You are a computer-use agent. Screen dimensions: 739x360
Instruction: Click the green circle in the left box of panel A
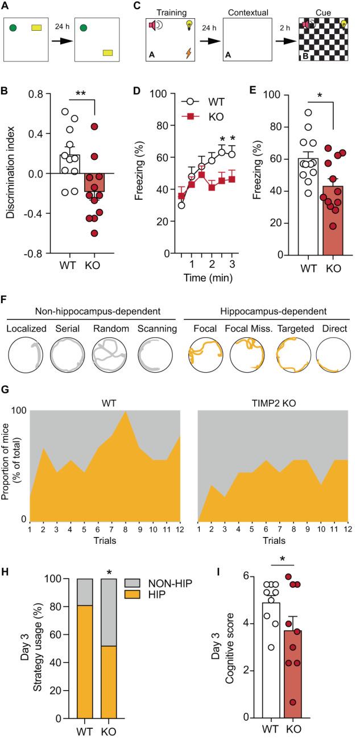pos(13,27)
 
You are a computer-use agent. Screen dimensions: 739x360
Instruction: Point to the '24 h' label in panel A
pos(61,28)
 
